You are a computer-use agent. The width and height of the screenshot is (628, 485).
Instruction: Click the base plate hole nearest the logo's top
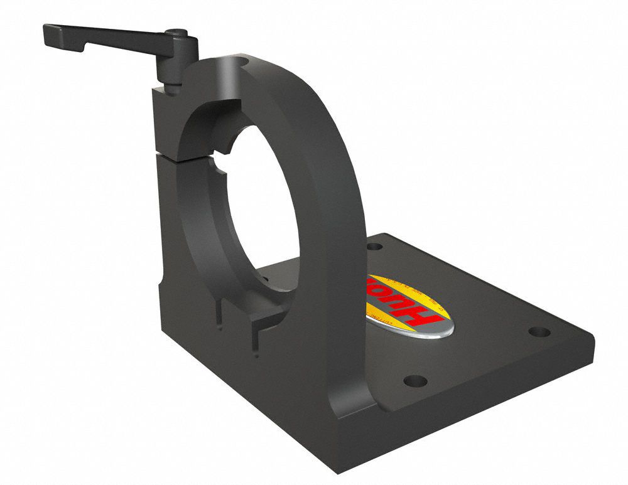point(375,246)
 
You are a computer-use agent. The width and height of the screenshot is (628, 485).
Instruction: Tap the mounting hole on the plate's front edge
point(414,380)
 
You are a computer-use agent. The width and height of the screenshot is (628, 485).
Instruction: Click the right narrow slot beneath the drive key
point(257,339)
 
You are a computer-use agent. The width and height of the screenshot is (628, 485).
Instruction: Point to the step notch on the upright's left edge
point(163,289)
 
